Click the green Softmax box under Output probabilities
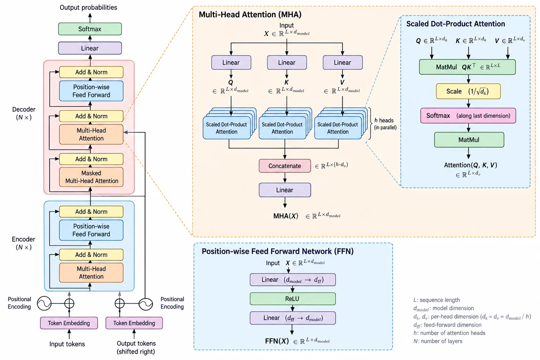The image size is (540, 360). coord(90,29)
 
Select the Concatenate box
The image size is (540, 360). coord(285,166)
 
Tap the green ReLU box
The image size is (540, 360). coord(292,299)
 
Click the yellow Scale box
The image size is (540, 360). coord(468,91)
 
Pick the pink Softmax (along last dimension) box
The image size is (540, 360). coord(468,116)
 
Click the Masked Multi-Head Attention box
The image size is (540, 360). coord(91,177)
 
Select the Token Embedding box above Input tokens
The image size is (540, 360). coord(69,323)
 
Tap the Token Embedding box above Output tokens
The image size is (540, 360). coord(134,323)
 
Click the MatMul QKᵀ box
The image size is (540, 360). coord(467,67)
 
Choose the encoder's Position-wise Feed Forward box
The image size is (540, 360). coord(91,230)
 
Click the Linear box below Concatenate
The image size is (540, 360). coord(285,190)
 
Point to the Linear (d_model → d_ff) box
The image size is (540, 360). coord(292,280)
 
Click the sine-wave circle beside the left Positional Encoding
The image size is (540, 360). coord(44,303)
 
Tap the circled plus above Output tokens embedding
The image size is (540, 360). coord(120,303)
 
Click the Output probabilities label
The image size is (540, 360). coord(88,7)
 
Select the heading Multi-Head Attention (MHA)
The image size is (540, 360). coord(250,14)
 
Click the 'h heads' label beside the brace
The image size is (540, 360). coord(384,120)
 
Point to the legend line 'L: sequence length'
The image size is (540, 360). coord(437,300)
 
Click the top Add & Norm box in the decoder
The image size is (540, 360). coord(91,72)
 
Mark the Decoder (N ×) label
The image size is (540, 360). coord(24,113)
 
